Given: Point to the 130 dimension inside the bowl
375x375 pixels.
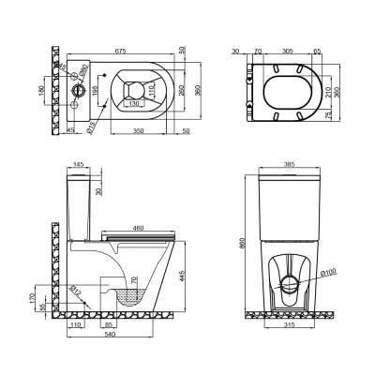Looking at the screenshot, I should (x=138, y=102).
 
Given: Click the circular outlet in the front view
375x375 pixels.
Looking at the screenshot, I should (x=290, y=277).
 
